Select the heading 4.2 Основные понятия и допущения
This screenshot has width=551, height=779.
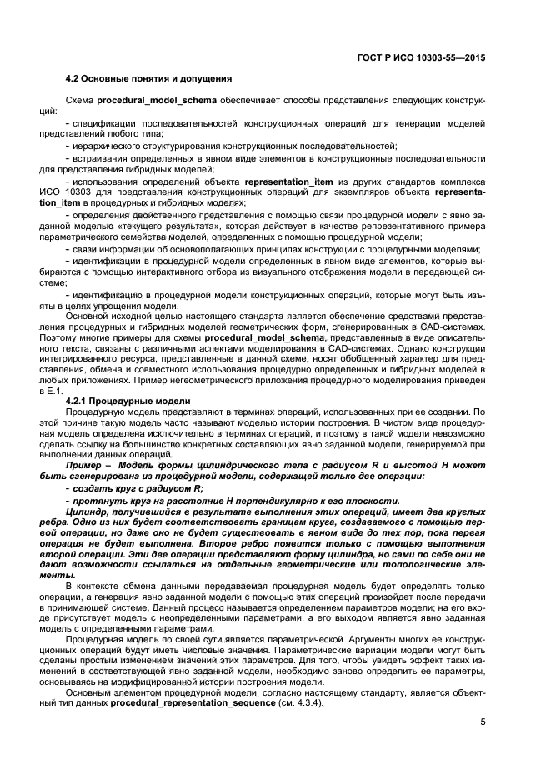coord(148,79)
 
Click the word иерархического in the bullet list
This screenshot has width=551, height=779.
coord(107,145)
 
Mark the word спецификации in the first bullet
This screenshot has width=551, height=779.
coord(104,123)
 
